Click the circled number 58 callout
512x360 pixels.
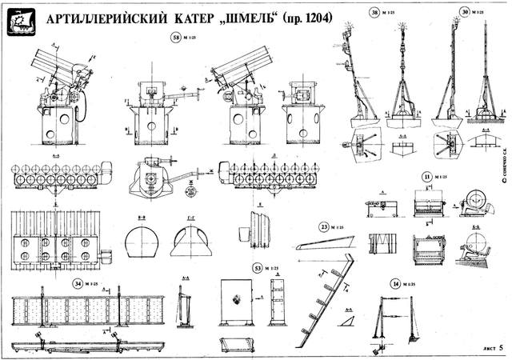pyautogui.click(x=176, y=38)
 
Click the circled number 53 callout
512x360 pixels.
pyautogui.click(x=258, y=267)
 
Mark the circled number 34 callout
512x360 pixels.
pyautogui.click(x=77, y=282)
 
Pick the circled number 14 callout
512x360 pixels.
pyautogui.click(x=395, y=283)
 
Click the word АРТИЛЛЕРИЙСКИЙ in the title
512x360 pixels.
pyautogui.click(x=110, y=18)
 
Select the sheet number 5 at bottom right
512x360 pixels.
pyautogui.click(x=501, y=348)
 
